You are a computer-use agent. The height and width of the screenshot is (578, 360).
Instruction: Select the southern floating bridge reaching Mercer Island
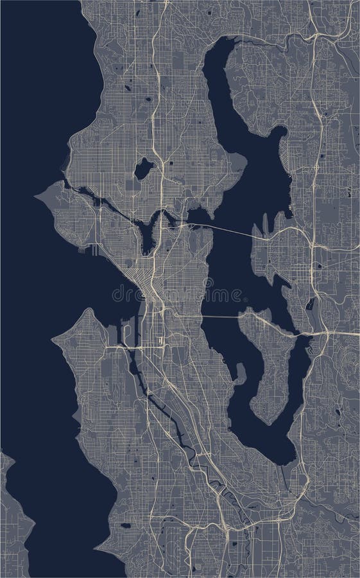(x=218, y=317)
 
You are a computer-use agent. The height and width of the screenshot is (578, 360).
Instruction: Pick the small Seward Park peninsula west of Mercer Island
(x=239, y=372)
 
